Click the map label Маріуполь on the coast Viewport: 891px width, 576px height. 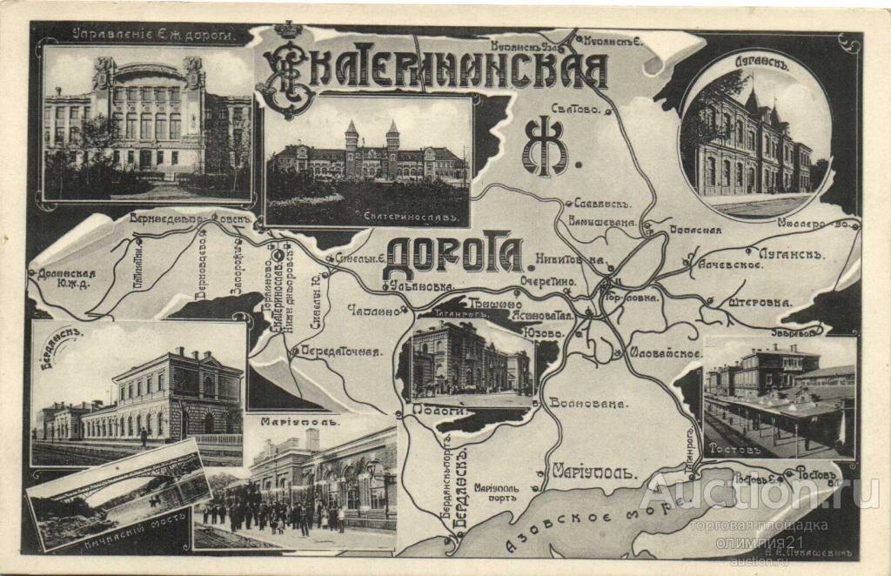pos(594,472)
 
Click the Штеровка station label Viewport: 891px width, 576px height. pos(756,303)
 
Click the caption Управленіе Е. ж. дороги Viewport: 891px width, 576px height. pos(148,36)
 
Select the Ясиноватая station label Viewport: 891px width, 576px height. pos(544,316)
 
